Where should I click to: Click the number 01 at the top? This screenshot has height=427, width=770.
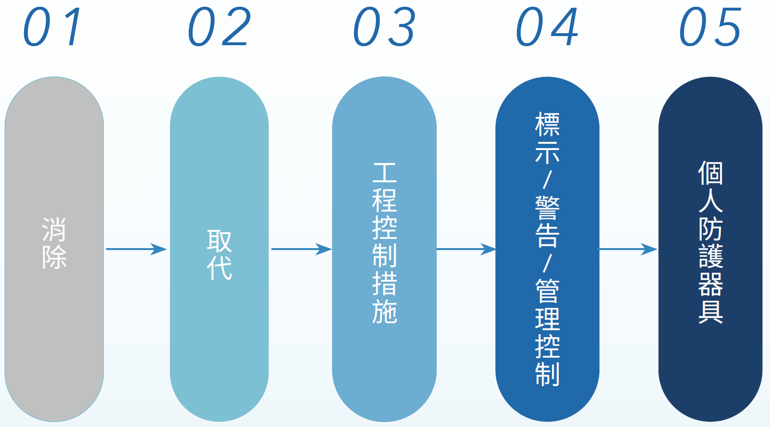click(x=53, y=28)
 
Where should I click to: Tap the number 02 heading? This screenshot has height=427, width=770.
click(x=219, y=28)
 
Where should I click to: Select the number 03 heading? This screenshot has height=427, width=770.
click(x=384, y=28)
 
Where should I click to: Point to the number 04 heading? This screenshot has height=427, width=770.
click(x=547, y=28)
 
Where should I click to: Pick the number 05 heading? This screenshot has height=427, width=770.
click(x=710, y=28)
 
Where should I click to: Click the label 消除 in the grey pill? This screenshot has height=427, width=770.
click(x=54, y=243)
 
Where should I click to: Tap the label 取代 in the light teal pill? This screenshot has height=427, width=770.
click(x=220, y=255)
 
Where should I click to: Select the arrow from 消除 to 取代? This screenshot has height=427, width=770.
click(x=136, y=249)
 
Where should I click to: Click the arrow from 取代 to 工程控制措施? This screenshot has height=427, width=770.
click(x=301, y=249)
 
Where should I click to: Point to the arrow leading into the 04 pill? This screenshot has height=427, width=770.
click(x=466, y=249)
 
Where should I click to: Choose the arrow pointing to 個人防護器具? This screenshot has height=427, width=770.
click(x=628, y=249)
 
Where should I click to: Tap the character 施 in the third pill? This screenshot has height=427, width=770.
click(x=385, y=311)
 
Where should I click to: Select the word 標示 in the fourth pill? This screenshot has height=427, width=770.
click(x=548, y=138)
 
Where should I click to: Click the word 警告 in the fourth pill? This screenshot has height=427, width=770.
click(x=548, y=221)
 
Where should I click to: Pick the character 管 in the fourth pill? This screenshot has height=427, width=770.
click(x=548, y=290)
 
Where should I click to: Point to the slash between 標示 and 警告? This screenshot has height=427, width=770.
click(x=548, y=180)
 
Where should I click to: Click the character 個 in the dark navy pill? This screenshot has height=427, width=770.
click(x=710, y=173)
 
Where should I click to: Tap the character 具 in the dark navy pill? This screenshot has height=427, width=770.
click(x=710, y=312)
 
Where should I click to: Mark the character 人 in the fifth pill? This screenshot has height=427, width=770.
click(x=710, y=201)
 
